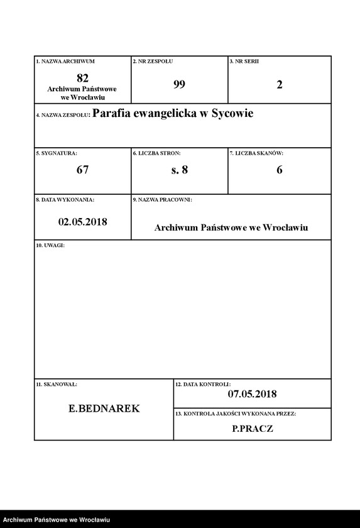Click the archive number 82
coord(82,78)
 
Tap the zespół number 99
coord(179,84)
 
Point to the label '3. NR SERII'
coord(244,62)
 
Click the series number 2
coord(280,84)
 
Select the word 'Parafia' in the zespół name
coord(114,114)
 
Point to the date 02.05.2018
coord(82,221)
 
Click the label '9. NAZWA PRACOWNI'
coord(162,200)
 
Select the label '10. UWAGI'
coord(50,245)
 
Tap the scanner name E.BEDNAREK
coord(104,409)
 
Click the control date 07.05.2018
coord(252,394)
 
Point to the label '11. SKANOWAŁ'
coord(57,383)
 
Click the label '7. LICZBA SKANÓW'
coord(256,153)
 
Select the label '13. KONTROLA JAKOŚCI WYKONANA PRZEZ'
coord(236,414)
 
